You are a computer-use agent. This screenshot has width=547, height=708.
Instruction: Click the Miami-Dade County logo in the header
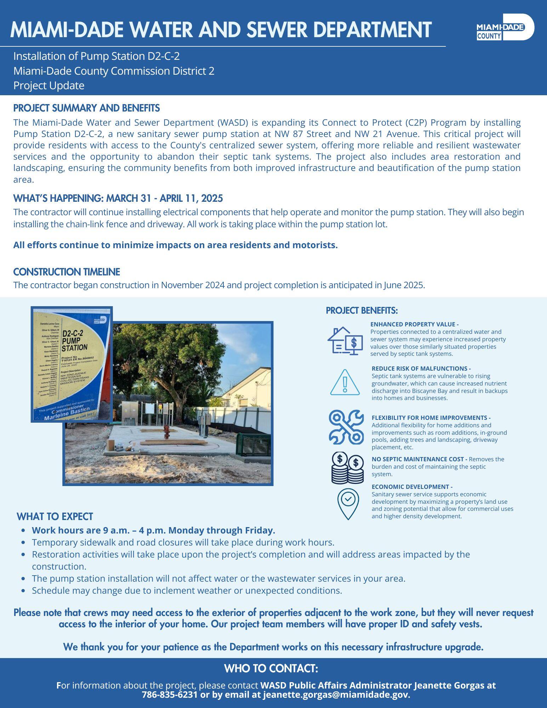tap(505, 28)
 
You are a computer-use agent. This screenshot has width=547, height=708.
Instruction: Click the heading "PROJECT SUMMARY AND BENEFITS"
tap(86, 108)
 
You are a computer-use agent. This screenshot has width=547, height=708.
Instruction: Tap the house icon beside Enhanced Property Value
tap(345, 341)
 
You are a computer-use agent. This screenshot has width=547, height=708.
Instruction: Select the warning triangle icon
tap(345, 383)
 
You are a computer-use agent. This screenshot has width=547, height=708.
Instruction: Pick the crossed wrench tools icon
tap(346, 427)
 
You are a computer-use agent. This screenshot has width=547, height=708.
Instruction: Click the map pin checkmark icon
tap(348, 504)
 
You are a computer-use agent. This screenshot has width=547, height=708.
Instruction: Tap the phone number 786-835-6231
tap(170, 695)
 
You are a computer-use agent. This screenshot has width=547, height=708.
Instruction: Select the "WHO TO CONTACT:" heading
tap(271, 668)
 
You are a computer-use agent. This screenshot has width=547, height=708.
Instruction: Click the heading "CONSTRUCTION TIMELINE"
tap(67, 272)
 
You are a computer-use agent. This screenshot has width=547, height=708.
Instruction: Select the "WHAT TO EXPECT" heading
tap(55, 516)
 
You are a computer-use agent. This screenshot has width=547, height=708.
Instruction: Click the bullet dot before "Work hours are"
tap(23, 531)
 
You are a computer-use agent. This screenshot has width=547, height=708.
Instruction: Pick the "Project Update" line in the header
tap(49, 86)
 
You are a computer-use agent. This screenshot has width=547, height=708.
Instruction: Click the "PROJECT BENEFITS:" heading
tap(361, 310)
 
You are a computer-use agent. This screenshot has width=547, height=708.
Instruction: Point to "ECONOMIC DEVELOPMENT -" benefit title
tap(412, 487)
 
